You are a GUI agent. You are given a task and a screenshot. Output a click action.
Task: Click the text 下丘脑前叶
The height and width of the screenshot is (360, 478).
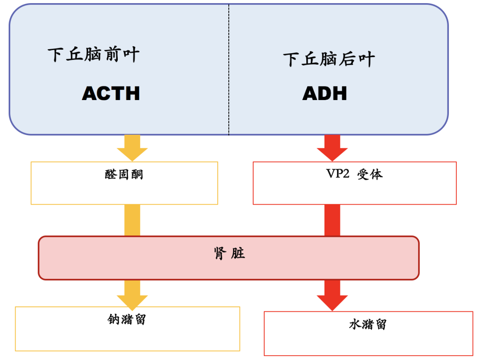coord(93,55)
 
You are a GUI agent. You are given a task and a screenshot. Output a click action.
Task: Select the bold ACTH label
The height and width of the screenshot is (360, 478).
coord(111,93)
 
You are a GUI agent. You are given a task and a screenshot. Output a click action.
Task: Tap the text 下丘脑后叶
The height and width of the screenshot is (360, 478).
coord(329,59)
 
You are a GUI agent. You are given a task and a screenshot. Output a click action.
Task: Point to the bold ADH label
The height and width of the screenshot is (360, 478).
coord(324,93)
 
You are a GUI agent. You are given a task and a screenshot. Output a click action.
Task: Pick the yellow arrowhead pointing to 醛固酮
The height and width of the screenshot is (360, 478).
coord(132,153)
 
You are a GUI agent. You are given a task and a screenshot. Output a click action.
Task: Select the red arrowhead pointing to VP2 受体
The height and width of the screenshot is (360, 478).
coord(332,153)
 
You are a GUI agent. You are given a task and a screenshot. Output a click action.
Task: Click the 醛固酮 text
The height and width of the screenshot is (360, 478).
coord(124,174)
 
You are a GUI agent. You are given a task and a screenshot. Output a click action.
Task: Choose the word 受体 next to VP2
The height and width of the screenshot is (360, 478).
coord(370,174)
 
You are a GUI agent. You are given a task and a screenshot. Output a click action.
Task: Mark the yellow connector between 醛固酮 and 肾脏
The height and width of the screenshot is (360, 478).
coord(132,220)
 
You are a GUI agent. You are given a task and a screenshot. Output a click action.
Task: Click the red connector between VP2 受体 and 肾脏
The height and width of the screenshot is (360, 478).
coord(332,220)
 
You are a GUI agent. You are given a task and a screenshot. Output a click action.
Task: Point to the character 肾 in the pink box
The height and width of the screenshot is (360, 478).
coord(220,254)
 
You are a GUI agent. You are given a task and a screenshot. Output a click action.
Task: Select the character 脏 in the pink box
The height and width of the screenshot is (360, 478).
coord(238,254)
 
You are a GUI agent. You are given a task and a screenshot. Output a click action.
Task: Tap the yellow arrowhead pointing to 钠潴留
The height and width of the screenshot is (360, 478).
coord(132,302)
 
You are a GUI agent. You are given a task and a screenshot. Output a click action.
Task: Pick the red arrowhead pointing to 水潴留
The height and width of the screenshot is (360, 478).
coord(332,303)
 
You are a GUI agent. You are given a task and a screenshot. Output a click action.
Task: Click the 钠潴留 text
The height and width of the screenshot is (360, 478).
coord(127,319)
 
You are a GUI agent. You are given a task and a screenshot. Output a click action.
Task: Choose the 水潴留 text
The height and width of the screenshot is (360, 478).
coord(368,325)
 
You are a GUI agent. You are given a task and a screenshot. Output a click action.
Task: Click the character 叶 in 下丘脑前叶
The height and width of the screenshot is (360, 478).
coord(131,55)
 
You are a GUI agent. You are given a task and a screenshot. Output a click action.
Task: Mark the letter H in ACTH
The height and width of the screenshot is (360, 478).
coord(131,93)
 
